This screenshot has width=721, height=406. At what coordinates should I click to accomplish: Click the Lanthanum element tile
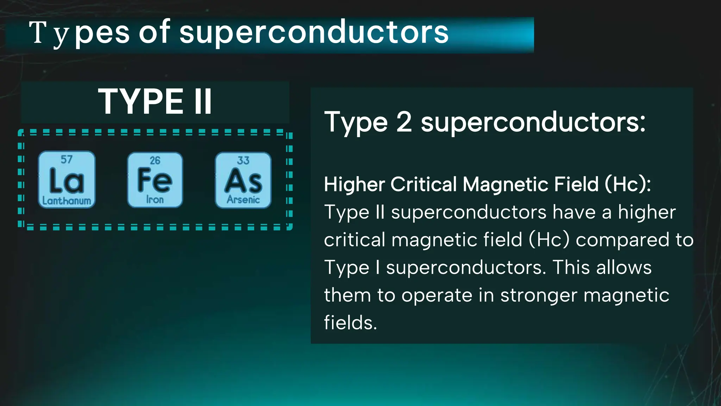pyautogui.click(x=67, y=180)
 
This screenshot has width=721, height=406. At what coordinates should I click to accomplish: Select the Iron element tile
pyautogui.click(x=155, y=180)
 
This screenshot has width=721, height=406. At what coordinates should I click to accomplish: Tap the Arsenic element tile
pyautogui.click(x=243, y=180)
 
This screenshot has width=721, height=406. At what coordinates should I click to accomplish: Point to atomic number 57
pyautogui.click(x=67, y=160)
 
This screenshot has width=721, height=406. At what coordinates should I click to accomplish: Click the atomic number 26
pyautogui.click(x=155, y=160)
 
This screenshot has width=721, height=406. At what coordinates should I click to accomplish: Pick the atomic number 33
pyautogui.click(x=243, y=160)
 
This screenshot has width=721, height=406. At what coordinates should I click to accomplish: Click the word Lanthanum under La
pyautogui.click(x=67, y=201)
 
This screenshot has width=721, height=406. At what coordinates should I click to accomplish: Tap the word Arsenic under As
pyautogui.click(x=243, y=200)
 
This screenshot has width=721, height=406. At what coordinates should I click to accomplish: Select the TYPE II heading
pyautogui.click(x=155, y=102)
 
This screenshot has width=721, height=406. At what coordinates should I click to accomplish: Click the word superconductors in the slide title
pyautogui.click(x=314, y=33)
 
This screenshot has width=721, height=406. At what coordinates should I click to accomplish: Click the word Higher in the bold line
pyautogui.click(x=354, y=184)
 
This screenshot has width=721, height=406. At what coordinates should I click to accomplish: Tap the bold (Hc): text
pyautogui.click(x=628, y=184)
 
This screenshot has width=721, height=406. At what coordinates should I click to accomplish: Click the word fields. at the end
pyautogui.click(x=350, y=323)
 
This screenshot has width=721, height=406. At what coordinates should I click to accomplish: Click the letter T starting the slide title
pyautogui.click(x=38, y=33)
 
